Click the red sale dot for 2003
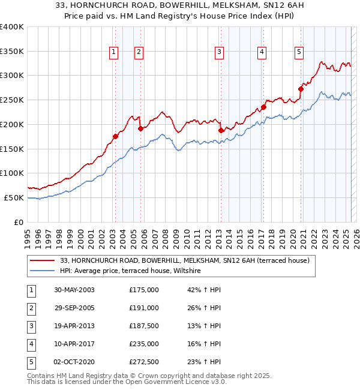click(x=115, y=136)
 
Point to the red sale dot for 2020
click(x=301, y=89)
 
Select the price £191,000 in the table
click(x=144, y=308)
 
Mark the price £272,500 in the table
click(x=144, y=362)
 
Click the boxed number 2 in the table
click(x=31, y=308)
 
